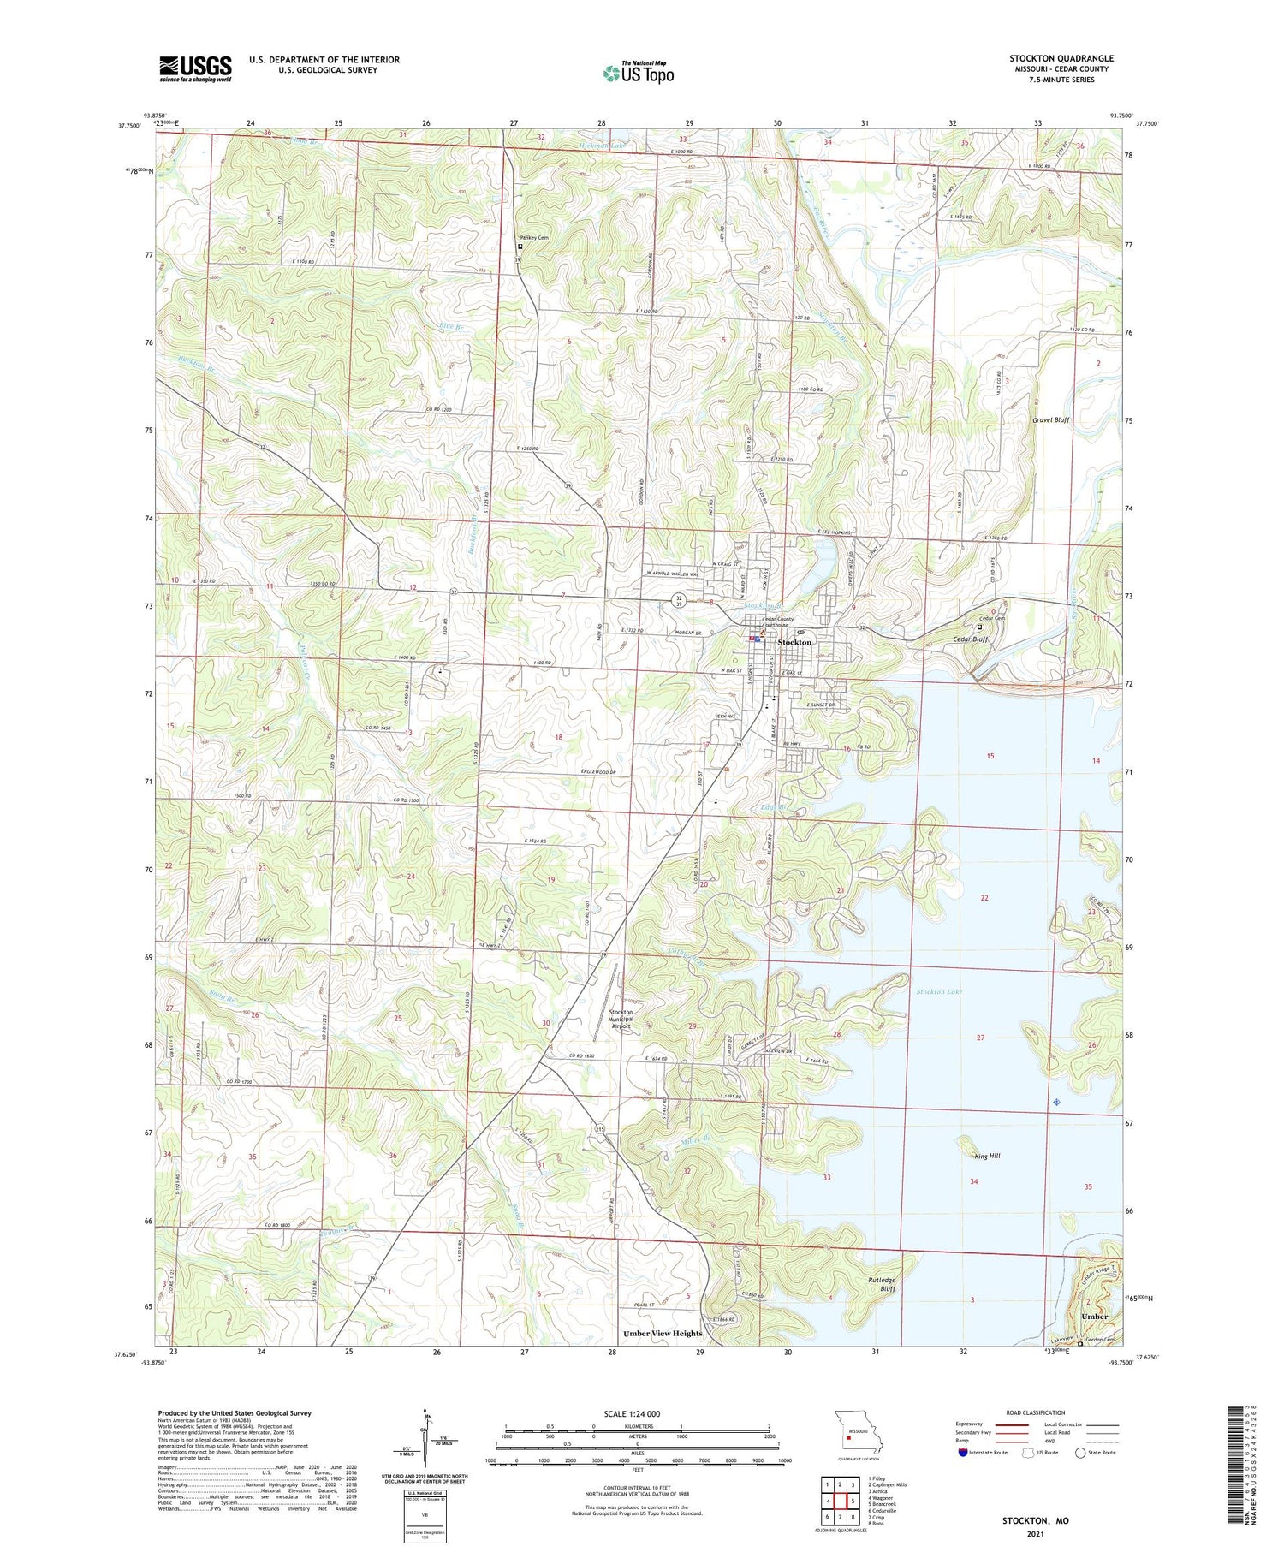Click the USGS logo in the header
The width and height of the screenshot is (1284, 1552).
[195, 68]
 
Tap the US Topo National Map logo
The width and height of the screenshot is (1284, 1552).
[639, 73]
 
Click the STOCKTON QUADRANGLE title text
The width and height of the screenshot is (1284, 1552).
[1061, 58]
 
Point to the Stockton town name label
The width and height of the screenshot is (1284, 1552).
[794, 642]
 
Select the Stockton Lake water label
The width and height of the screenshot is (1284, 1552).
[939, 991]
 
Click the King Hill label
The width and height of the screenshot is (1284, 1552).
[987, 1156]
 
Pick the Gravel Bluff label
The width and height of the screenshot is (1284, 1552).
[1050, 420]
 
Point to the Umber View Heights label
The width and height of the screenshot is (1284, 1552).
[663, 1333]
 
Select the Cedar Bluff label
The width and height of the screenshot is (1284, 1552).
[969, 639]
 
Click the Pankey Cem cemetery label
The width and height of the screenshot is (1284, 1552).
[534, 238]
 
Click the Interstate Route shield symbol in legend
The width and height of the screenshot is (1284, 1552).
[962, 1453]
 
